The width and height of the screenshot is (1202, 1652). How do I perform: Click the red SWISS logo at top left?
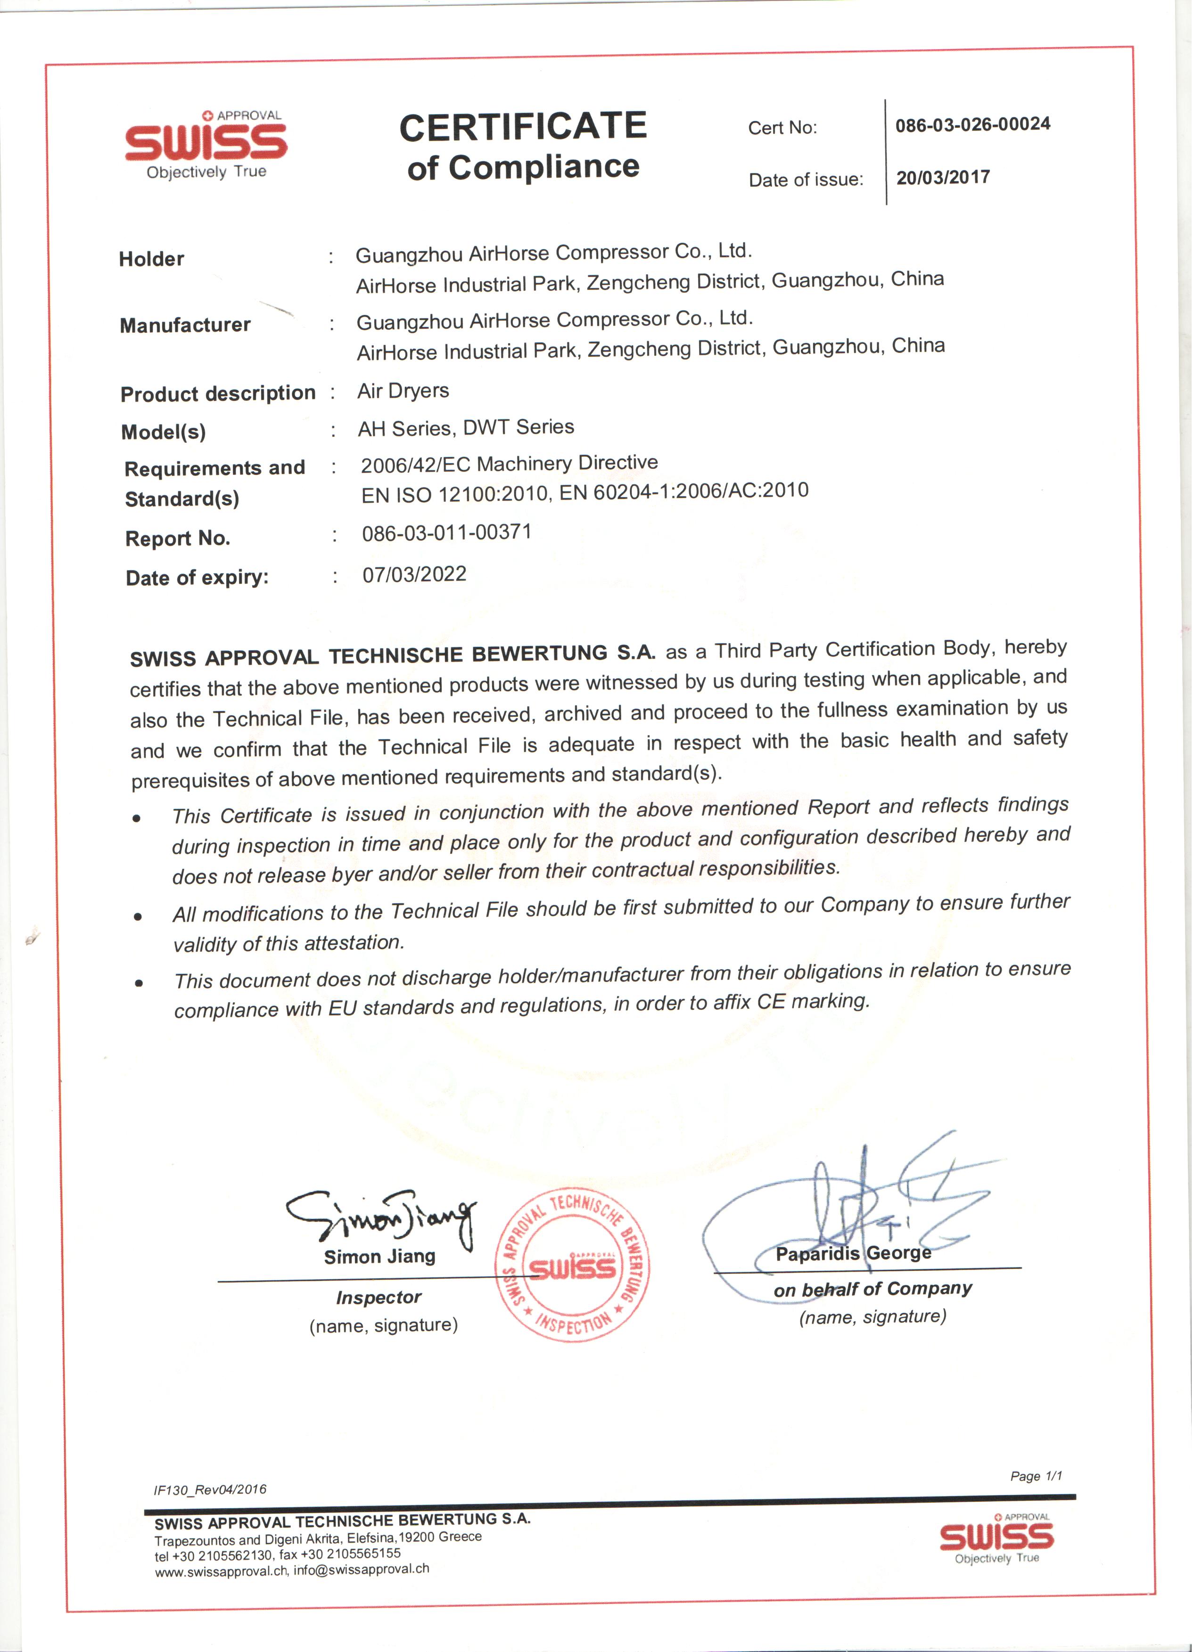[x=207, y=142]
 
